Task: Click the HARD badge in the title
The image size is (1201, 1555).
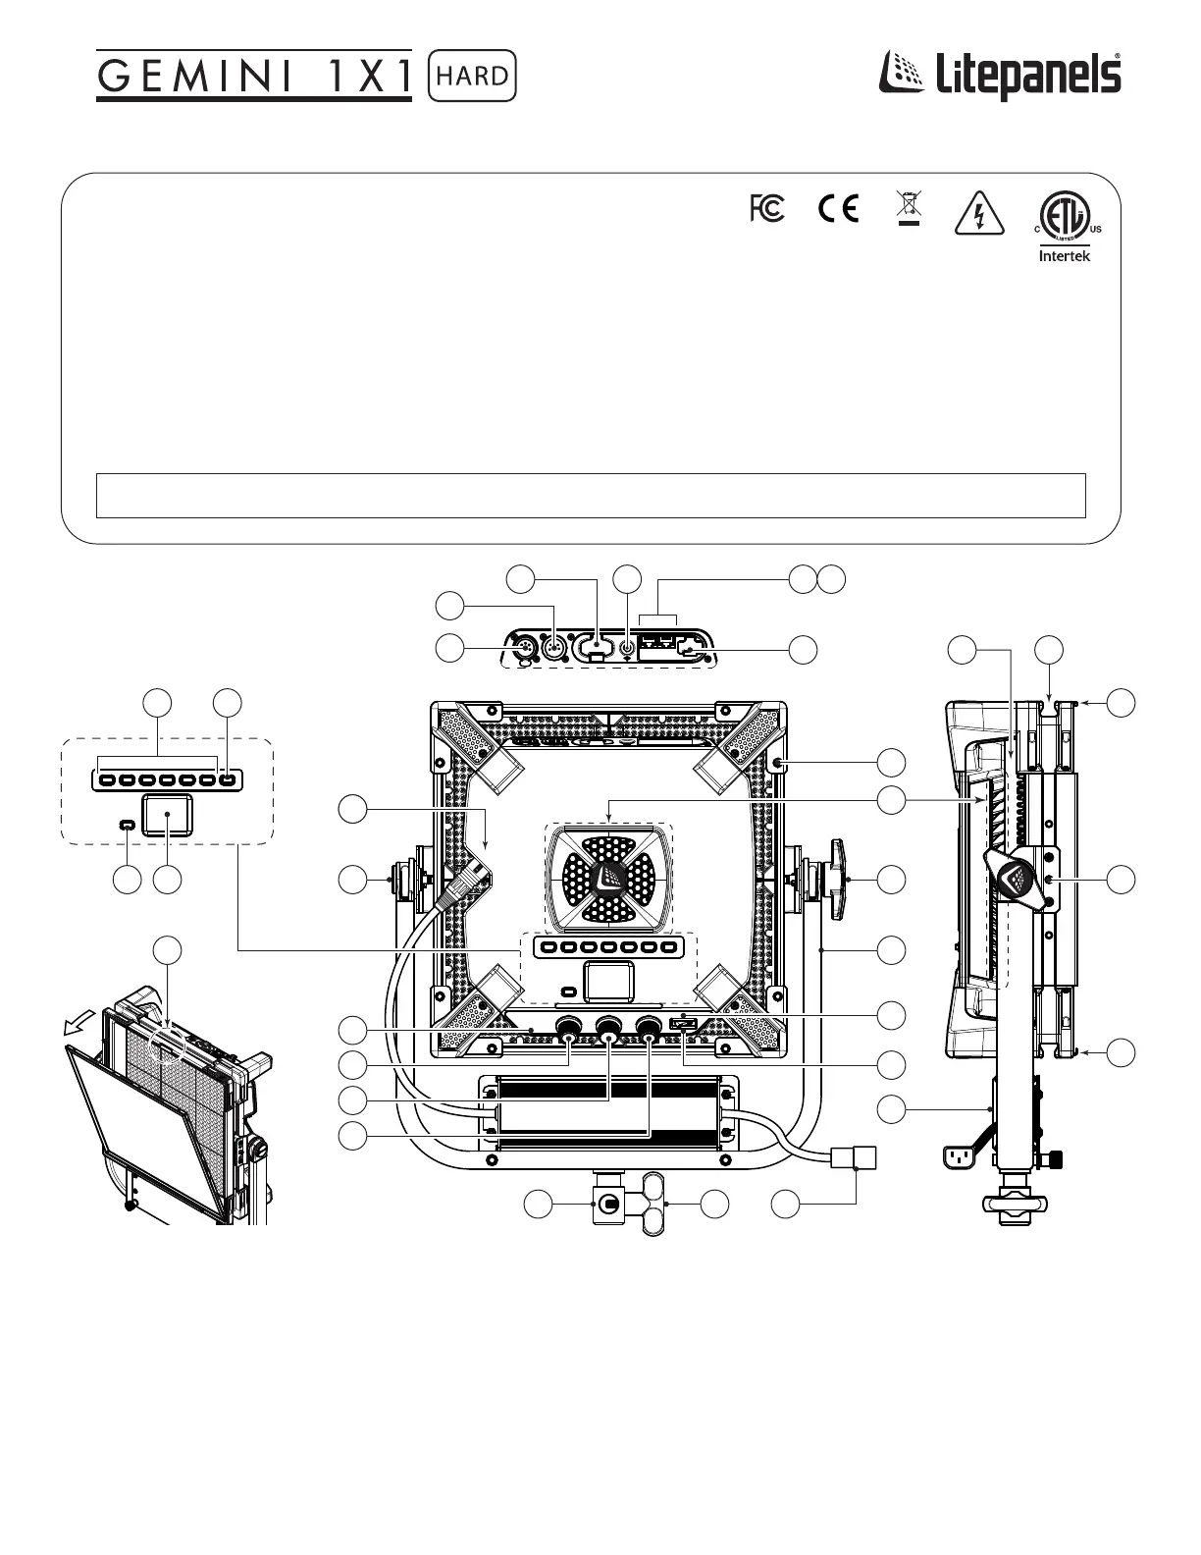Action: [472, 76]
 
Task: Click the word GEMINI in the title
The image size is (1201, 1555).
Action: [194, 77]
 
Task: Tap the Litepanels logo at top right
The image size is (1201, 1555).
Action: [999, 76]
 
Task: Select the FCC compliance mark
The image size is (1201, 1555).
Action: [767, 208]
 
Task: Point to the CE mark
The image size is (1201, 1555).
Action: [838, 208]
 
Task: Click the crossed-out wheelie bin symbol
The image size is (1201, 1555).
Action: [909, 207]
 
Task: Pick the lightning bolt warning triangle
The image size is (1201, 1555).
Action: [979, 213]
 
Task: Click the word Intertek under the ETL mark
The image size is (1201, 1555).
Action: [1065, 256]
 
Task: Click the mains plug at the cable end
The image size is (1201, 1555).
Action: [854, 1157]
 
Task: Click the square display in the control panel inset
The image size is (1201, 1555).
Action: [168, 815]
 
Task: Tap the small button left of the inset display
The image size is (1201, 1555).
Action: [127, 825]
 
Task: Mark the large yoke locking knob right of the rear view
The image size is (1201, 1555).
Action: [835, 879]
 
